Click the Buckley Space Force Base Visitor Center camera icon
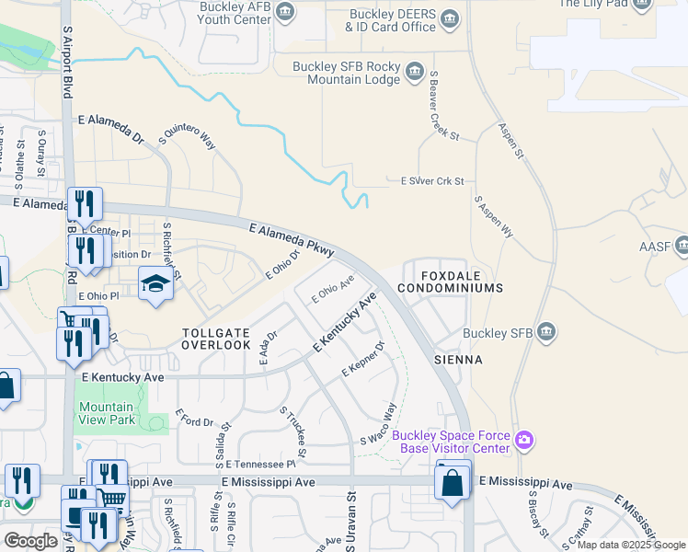pyautogui.click(x=524, y=441)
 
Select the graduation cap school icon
pyautogui.click(x=155, y=284)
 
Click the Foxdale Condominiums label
pyautogui.click(x=450, y=282)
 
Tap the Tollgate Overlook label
pyautogui.click(x=216, y=338)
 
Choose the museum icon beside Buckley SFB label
pyautogui.click(x=546, y=331)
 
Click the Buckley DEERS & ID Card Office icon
pyautogui.click(x=450, y=18)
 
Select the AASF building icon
pyautogui.click(x=682, y=246)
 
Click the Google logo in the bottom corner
pyautogui.click(x=30, y=540)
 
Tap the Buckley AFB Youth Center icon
pyautogui.click(x=286, y=11)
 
